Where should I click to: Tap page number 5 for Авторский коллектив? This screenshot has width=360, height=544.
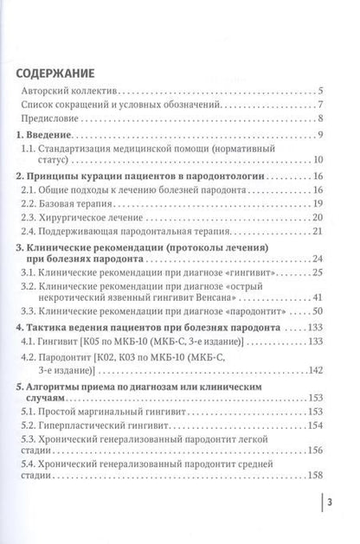coord(320,90)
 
